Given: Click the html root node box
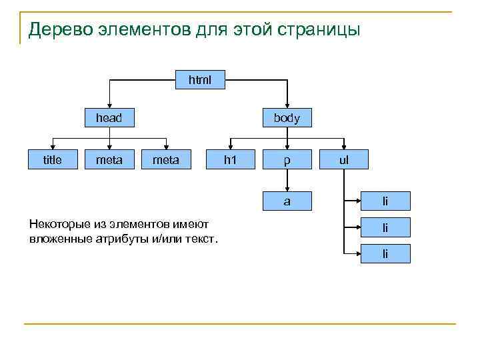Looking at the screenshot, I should coord(199,80).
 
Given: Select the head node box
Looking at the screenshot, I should coord(109,118).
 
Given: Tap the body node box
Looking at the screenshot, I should coord(287,119).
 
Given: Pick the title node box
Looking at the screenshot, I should coord(52,159).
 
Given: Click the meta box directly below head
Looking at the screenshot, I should coord(109,159).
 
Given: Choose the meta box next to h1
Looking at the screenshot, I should coord(165,159).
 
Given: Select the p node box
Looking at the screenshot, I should coord(287,160).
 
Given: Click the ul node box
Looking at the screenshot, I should coord(343,160).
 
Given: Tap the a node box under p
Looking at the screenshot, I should coord(287,200).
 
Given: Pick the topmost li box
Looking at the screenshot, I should coord(385,201).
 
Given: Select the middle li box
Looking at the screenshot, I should coord(385,228).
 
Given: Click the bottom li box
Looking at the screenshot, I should coord(385,254).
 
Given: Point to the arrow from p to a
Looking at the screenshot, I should coord(287,180).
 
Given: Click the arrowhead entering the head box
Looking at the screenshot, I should coord(109,105).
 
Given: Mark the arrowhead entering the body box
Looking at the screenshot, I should coord(287,105).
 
